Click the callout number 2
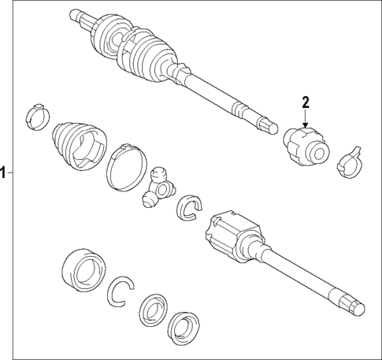(x=306, y=102)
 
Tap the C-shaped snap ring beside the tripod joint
(x=189, y=208)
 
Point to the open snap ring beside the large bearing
(x=121, y=291)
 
